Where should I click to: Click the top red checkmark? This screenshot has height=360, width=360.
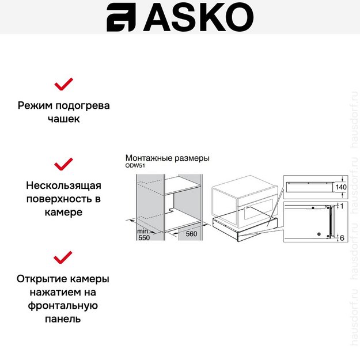[63, 84]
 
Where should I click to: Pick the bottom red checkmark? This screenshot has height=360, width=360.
[63, 256]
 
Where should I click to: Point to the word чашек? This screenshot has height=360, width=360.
[63, 120]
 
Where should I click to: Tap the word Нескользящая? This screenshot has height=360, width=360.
[63, 185]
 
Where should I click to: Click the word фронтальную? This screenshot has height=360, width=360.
[63, 305]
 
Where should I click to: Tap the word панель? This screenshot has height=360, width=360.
[63, 319]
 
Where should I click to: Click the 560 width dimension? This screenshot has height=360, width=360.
[191, 234]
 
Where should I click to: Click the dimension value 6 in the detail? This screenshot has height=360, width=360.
[342, 237]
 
